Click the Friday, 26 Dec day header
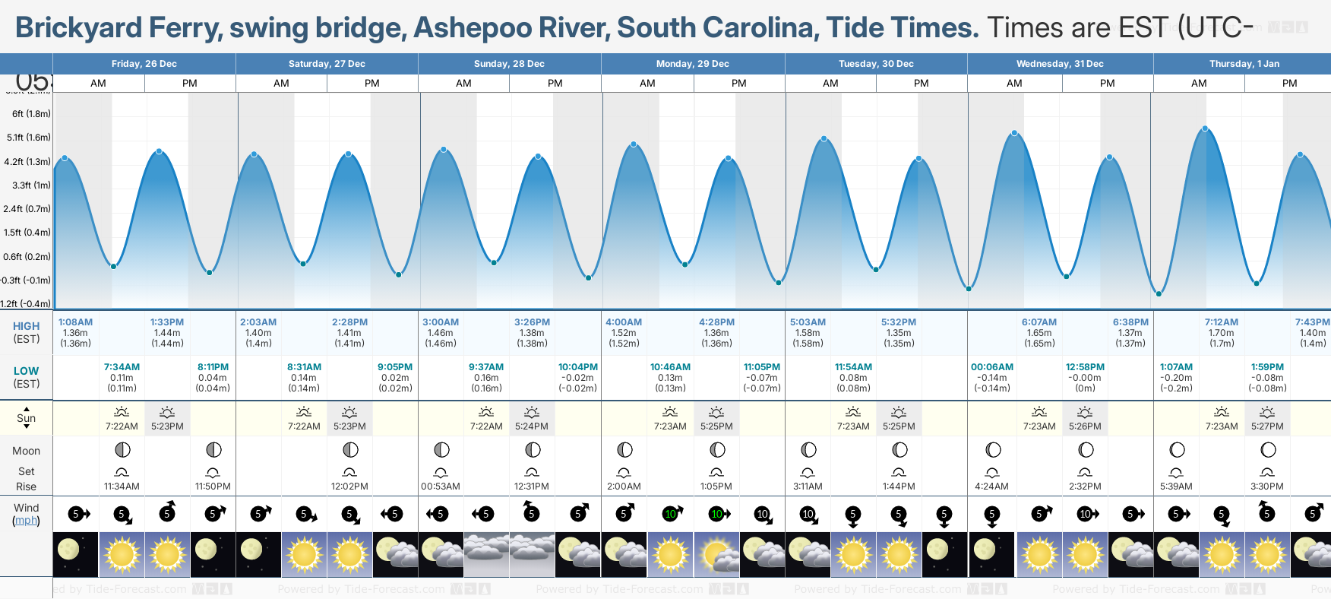144,64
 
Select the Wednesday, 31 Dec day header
1060,64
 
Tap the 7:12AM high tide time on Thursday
1221,322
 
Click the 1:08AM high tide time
75,322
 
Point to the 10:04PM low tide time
578,367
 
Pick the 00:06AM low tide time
992,367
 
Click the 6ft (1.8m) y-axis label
31,114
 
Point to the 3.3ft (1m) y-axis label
31,185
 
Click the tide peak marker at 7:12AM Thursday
1205,128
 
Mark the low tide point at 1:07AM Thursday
1159,293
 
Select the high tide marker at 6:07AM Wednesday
1014,134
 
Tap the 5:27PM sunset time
1267,426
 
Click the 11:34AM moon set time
122,486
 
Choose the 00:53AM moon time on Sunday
441,486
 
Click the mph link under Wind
26,521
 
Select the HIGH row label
26,326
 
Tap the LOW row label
26,371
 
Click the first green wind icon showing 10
671,514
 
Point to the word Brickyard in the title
79,28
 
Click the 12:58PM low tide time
1085,367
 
